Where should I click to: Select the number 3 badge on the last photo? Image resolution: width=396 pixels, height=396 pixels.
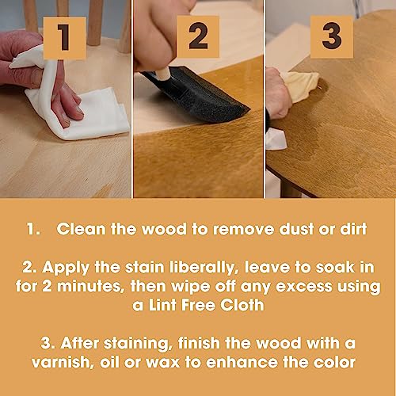pos(331,36)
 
